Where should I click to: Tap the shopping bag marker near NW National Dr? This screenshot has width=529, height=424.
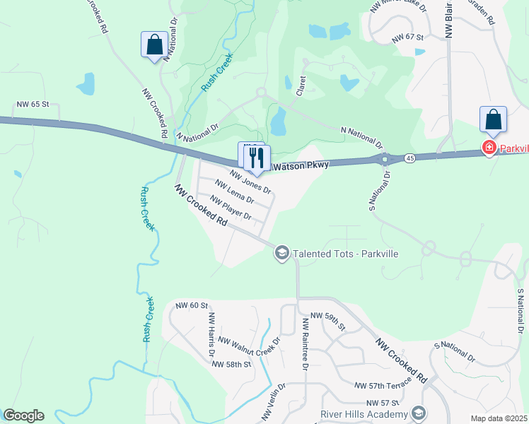tap(154, 46)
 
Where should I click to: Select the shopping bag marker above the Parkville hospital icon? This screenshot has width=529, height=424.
tap(493, 120)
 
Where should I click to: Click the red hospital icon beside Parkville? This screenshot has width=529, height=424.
tap(488, 148)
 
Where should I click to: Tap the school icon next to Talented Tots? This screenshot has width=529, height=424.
tap(282, 254)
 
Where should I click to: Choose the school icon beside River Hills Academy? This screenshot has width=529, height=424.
tap(418, 413)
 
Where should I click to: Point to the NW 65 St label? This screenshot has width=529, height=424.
tap(32, 104)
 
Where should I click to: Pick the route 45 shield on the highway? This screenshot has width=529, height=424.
tap(410, 158)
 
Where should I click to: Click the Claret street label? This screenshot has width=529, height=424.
tap(301, 86)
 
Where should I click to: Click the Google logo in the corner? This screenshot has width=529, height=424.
tap(23, 416)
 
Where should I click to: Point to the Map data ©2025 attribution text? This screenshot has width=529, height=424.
tap(498, 418)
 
